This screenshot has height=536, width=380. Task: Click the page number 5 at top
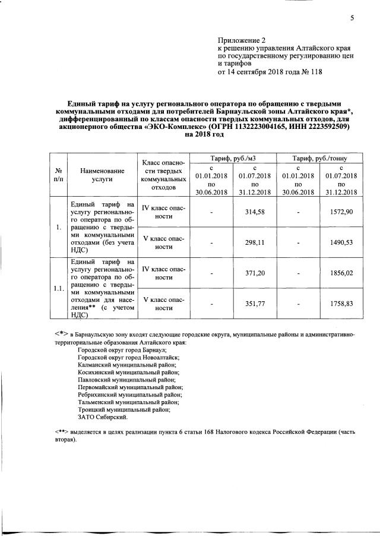(352, 17)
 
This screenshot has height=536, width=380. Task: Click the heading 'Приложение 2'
(239, 39)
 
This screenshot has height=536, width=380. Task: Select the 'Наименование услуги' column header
(94, 174)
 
